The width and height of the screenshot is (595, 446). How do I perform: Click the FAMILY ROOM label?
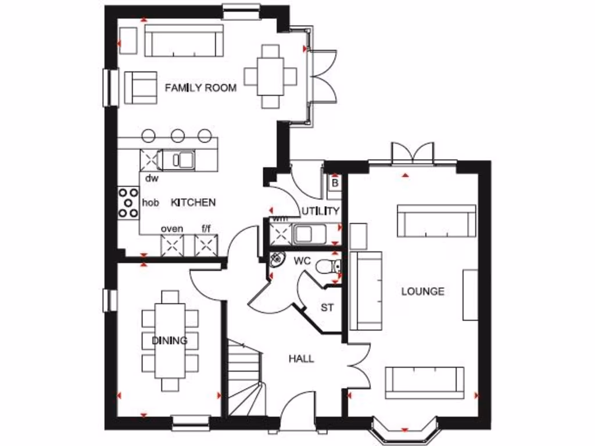tap(200, 88)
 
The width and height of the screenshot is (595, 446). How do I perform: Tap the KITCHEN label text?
tap(193, 202)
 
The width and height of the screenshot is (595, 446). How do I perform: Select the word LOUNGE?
tap(422, 291)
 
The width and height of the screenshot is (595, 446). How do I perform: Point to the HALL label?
tap(301, 358)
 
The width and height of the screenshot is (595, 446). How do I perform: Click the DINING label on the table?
tap(170, 340)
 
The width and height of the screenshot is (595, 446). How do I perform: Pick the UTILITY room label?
tap(320, 210)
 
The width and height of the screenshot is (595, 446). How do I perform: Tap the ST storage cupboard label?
tap(327, 307)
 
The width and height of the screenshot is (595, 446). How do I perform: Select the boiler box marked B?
tap(334, 182)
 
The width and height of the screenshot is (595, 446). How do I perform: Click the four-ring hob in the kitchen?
tap(128, 203)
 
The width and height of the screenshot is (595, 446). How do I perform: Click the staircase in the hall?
tap(243, 377)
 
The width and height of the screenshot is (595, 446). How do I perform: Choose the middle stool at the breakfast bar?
tap(177, 136)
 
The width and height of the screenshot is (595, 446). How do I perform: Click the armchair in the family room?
tap(141, 88)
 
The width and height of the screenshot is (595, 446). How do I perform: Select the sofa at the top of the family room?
tap(184, 41)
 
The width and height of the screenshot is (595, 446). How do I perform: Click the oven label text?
tap(171, 228)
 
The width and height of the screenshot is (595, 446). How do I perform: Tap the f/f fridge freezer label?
tap(206, 228)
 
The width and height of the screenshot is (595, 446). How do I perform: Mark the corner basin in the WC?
tap(277, 260)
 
